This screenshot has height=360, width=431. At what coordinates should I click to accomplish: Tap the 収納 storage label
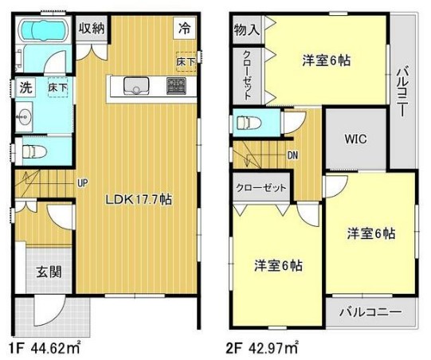point(93,29)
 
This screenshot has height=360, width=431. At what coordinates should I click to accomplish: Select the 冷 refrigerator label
point(184,29)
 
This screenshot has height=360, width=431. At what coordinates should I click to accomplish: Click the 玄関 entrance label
point(45,272)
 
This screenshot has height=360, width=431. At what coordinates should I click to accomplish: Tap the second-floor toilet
point(249,123)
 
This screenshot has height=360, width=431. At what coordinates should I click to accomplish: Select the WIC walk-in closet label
point(355,138)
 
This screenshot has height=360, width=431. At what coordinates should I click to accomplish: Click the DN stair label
point(293,155)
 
